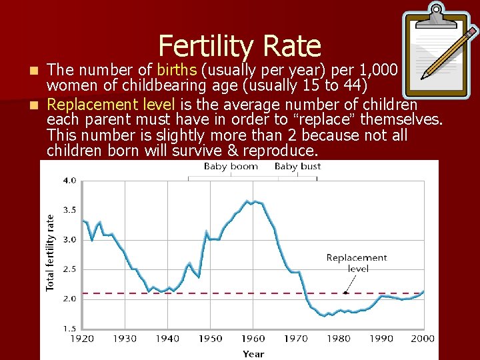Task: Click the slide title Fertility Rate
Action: click(239, 46)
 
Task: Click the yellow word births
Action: click(177, 70)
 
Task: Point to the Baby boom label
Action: click(231, 167)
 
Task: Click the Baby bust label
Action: click(297, 167)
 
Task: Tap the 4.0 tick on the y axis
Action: click(69, 180)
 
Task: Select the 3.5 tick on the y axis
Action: click(69, 209)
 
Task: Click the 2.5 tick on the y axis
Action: click(69, 269)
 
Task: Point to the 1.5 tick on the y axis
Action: click(69, 328)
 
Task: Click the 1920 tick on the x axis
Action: click(82, 339)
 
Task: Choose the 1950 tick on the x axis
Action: click(210, 339)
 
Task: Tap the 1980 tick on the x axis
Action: click(339, 339)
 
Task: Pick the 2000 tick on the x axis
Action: click(423, 339)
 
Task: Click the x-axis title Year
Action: click(253, 354)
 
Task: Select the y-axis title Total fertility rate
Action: click(50, 251)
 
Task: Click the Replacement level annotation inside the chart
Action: click(357, 263)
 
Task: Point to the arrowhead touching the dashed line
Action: click(345, 291)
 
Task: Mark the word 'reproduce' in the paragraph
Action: click(279, 151)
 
